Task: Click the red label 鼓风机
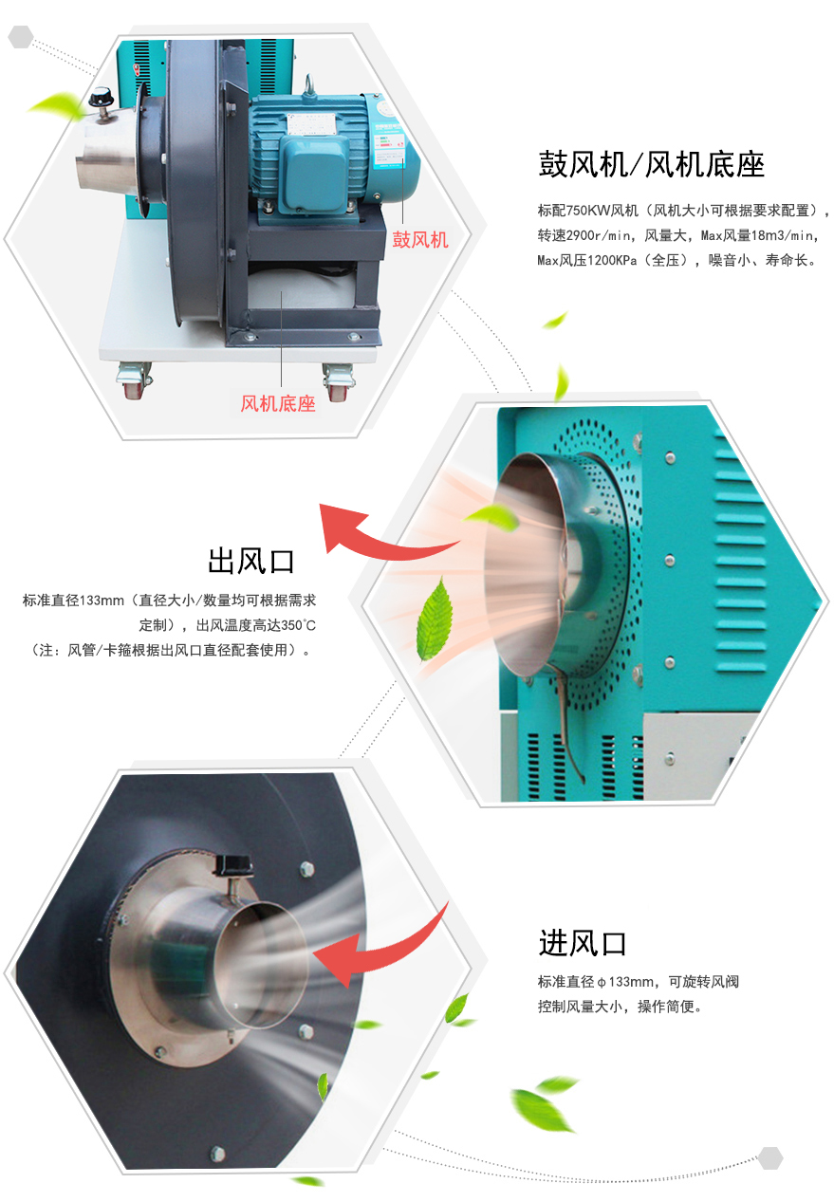pos(419,239)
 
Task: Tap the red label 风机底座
pos(277,403)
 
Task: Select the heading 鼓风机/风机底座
pos(651,164)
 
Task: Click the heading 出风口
pos(251,562)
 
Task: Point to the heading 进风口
pos(583,943)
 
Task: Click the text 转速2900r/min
pos(584,235)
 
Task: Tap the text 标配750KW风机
pos(587,211)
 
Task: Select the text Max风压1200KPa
pos(586,260)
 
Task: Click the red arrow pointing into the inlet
pos(383,951)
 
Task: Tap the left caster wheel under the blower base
pos(133,379)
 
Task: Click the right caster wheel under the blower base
pos(338,382)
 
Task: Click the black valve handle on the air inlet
pos(232,864)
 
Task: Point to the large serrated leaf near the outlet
pos(435,619)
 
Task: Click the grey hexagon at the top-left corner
pos(21,36)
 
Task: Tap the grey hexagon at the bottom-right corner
pos(770,1158)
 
